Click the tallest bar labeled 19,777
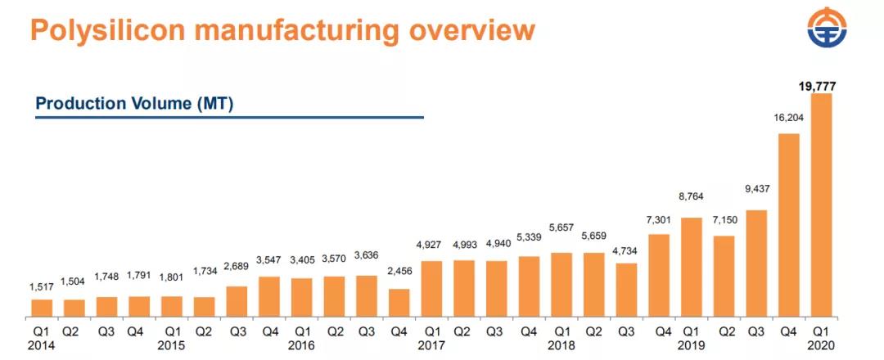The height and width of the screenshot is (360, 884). click(821, 205)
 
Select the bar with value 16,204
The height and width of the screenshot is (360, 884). click(788, 225)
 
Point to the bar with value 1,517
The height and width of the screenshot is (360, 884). click(42, 308)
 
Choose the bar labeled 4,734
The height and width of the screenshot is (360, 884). click(626, 290)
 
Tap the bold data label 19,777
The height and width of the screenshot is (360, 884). click(817, 85)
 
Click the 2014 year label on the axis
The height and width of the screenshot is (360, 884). click(43, 345)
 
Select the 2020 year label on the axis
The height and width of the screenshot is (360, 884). click(821, 345)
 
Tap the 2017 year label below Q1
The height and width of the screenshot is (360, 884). click(431, 345)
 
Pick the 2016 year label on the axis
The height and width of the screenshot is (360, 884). click(302, 345)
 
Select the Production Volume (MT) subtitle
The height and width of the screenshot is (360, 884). click(134, 104)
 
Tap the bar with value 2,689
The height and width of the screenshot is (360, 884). click(237, 302)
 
